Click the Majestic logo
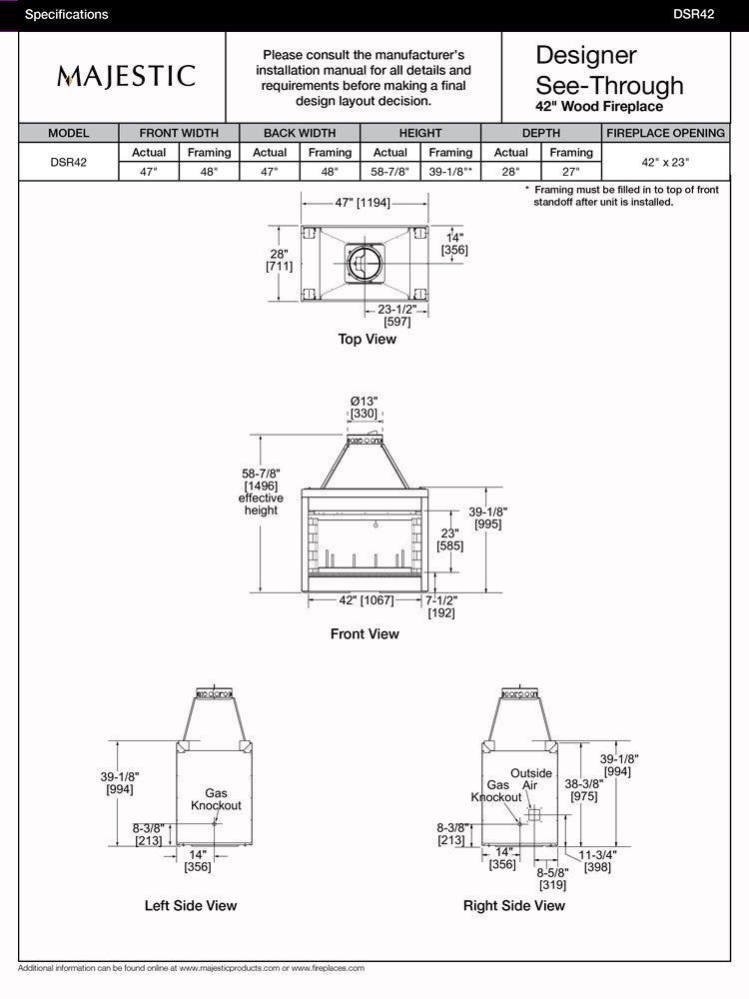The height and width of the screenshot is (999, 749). point(125,76)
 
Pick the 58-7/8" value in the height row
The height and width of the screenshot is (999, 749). point(389,170)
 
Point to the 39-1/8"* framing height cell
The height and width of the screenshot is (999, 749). point(450,170)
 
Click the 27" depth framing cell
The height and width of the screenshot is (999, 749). point(570,170)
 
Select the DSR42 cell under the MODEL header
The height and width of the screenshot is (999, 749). point(68,161)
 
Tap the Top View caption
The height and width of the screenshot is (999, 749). point(367,340)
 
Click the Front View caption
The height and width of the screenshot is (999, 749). point(365,634)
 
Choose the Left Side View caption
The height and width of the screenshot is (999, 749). point(191,906)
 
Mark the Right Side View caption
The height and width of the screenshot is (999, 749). point(513,906)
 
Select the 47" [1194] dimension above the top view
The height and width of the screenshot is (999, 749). point(363,203)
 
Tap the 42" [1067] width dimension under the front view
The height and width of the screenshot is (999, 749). point(365,600)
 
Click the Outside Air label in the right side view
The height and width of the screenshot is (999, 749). point(531,779)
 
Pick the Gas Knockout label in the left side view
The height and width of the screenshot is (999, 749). point(216,799)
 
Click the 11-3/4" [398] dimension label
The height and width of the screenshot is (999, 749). point(597,861)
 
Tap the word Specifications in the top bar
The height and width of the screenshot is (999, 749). point(66,15)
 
